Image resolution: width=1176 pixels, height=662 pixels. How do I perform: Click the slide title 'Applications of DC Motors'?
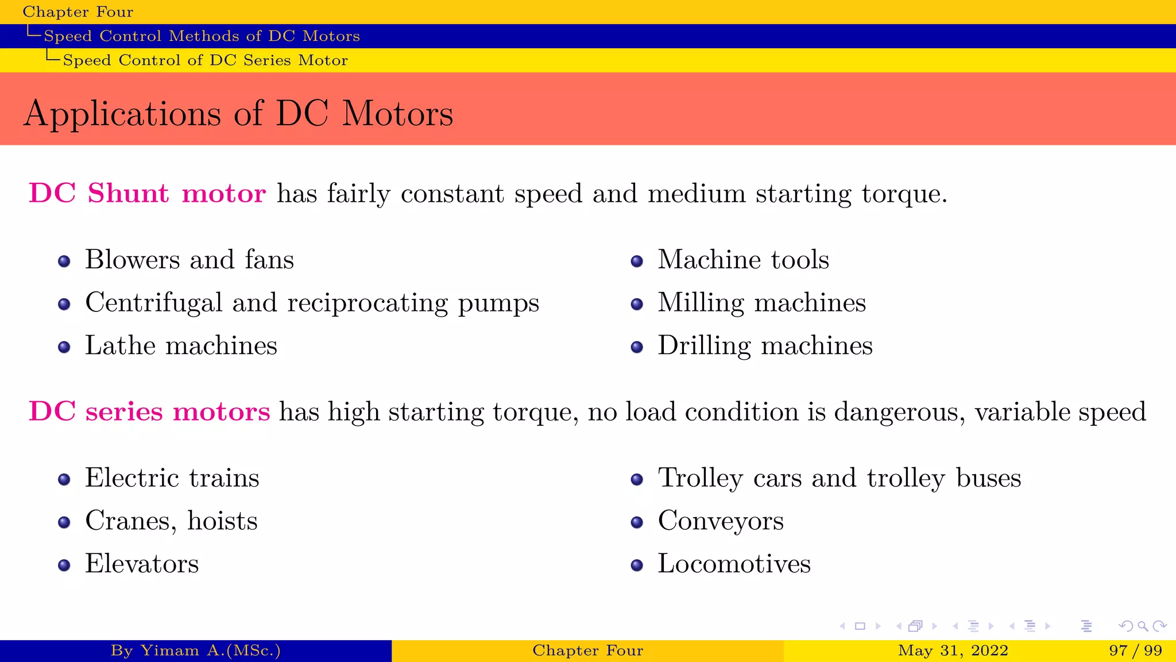(238, 113)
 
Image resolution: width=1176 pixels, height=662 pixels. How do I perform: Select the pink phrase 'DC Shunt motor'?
(147, 193)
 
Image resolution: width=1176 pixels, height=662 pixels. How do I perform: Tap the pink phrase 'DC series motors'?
(149, 411)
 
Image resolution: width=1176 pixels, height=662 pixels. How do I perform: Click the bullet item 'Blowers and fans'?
(189, 260)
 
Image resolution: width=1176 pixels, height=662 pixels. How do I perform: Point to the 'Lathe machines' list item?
(181, 346)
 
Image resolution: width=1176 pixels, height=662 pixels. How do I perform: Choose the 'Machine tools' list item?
(743, 260)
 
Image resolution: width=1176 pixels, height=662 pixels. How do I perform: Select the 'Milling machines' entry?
(761, 303)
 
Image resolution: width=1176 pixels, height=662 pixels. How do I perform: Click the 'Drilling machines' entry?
(765, 346)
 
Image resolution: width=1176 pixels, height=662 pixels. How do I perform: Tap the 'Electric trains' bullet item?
(172, 478)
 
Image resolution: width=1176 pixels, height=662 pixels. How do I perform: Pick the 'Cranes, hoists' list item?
(171, 521)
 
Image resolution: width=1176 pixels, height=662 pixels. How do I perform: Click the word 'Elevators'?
(142, 564)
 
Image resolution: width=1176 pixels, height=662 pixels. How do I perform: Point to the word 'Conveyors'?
(721, 521)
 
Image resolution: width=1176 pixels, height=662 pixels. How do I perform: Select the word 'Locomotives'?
(734, 564)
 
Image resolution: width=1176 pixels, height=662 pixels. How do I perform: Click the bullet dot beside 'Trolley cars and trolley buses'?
(637, 479)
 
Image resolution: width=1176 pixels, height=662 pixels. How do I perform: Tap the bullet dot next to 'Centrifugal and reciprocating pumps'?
(64, 304)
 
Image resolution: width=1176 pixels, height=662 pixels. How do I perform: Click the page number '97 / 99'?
(1135, 651)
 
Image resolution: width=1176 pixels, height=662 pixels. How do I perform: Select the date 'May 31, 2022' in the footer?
(953, 651)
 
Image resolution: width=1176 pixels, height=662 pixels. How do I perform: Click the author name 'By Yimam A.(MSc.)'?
(196, 651)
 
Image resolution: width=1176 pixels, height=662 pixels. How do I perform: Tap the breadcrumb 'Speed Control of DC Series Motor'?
(205, 60)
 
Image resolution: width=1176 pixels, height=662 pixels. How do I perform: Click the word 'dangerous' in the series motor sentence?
(899, 411)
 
